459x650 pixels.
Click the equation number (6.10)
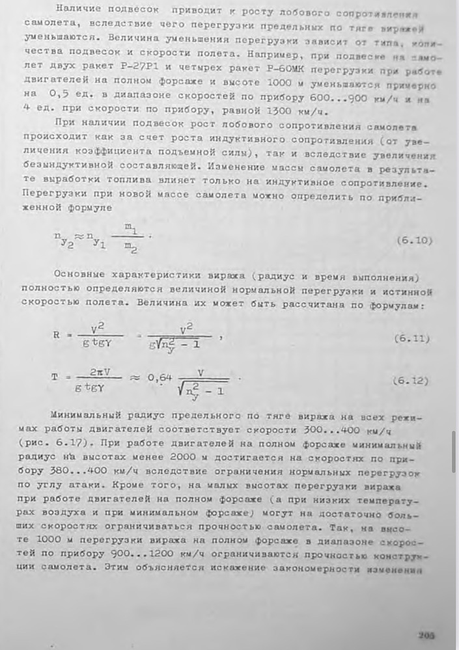(x=414, y=240)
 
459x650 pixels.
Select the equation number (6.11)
(x=413, y=339)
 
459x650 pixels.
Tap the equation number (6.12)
(x=413, y=380)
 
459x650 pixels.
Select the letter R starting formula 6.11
(x=57, y=336)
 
